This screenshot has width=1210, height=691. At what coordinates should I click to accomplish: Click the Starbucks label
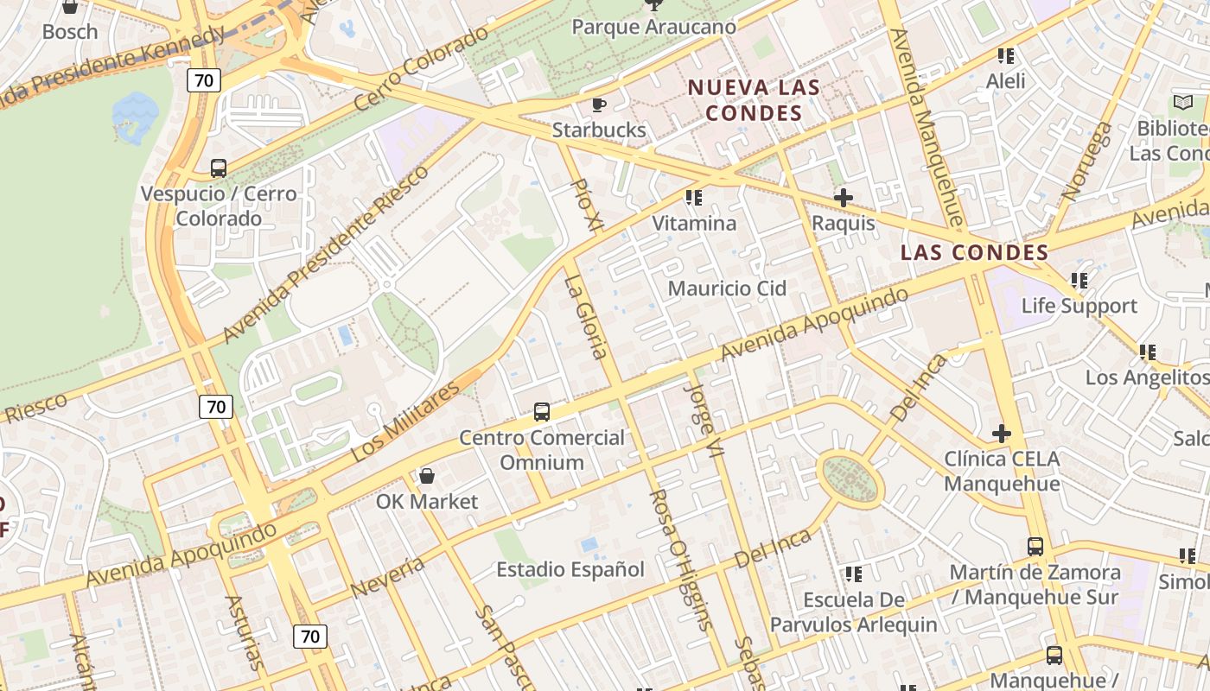pos(599,130)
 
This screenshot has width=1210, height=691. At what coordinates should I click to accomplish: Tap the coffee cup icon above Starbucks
pos(598,105)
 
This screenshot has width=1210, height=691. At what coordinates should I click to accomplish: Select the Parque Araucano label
pos(654,27)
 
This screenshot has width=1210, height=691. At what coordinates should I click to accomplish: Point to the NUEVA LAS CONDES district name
pos(754,100)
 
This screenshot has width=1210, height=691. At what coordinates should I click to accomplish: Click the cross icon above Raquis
pos(843,198)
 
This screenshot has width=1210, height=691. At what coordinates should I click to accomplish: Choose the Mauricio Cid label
pos(727,288)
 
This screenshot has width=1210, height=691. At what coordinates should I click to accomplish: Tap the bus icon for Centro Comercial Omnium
pos(542,412)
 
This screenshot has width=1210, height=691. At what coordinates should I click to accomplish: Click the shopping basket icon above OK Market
pos(426,476)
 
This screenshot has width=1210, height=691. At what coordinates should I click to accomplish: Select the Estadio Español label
pos(570,569)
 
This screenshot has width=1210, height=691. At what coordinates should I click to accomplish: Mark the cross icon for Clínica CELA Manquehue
pos(1002,433)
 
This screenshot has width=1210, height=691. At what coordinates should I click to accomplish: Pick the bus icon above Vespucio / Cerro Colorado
pos(219,168)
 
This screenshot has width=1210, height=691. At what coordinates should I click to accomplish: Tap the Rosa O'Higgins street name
pos(680,559)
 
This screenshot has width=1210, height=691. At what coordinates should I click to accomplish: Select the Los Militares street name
pos(406,422)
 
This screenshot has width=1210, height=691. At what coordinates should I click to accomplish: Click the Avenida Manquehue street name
pos(925,125)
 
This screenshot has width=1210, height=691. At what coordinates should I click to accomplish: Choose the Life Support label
pos(1079,306)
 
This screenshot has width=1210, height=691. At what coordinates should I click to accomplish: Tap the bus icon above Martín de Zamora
pos(1035,546)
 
